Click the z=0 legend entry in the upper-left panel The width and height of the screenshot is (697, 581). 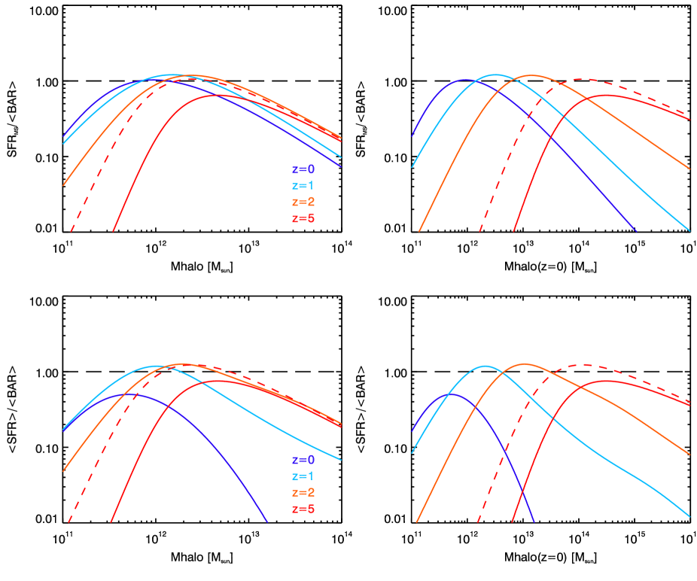click(x=303, y=169)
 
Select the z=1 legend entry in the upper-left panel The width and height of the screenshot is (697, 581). click(x=303, y=186)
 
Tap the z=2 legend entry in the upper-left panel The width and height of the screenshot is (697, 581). click(x=303, y=202)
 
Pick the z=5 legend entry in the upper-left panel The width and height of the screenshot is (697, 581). click(x=303, y=219)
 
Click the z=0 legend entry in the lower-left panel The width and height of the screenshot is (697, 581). click(x=303, y=460)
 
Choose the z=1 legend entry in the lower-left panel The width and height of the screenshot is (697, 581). click(x=303, y=476)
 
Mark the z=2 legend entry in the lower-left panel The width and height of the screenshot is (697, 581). click(x=303, y=493)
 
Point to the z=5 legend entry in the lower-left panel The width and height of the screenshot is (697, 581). click(x=303, y=510)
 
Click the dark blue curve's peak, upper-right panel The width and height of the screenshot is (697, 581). click(x=464, y=79)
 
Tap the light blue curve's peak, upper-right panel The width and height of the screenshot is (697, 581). click(x=495, y=75)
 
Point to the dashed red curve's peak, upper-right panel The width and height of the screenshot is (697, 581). click(x=583, y=79)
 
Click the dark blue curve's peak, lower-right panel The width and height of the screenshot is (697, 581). click(x=455, y=394)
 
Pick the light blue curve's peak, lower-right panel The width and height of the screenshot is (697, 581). click(x=485, y=366)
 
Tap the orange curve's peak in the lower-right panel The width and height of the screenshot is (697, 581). click(x=524, y=364)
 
